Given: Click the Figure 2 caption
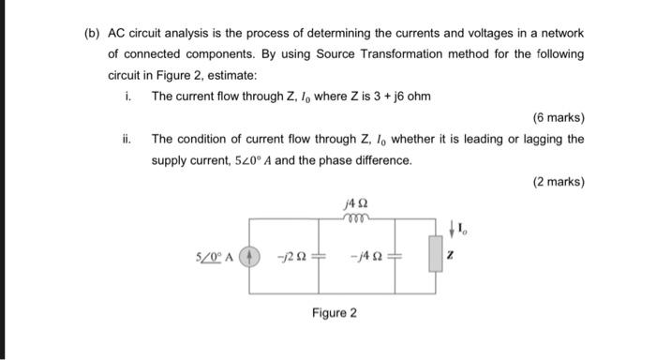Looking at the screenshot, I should [x=335, y=312].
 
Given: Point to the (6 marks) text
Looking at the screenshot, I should [x=558, y=118].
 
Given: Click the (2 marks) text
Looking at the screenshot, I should [x=558, y=181].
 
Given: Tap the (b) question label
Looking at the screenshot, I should [x=92, y=33].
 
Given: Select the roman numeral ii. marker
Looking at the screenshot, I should [x=127, y=139].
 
